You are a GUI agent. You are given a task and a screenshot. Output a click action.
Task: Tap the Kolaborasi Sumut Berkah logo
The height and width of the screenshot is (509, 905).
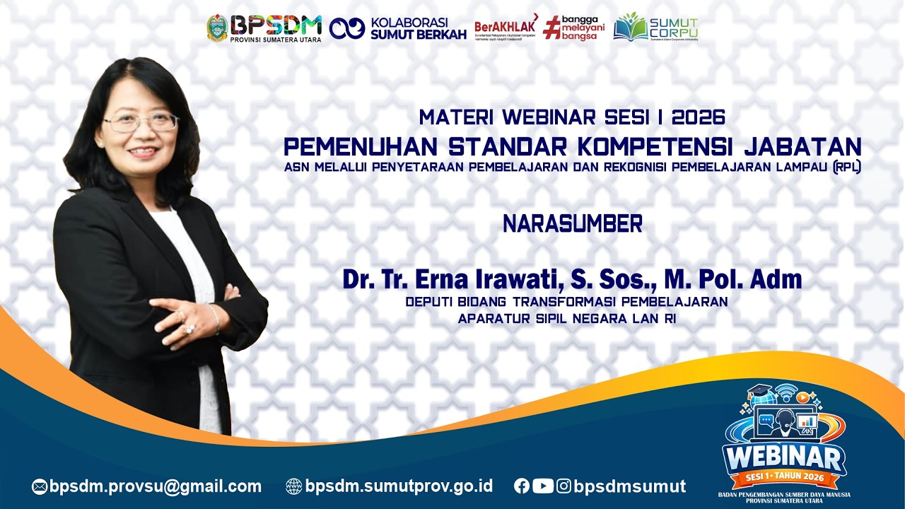tap(397, 28)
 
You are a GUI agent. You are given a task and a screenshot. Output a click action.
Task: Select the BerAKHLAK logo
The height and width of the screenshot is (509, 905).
tap(505, 28)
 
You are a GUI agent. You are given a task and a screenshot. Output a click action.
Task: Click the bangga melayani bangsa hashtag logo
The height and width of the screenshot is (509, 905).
tap(573, 28)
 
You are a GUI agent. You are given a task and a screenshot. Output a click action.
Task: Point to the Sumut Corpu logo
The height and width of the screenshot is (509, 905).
tap(655, 28)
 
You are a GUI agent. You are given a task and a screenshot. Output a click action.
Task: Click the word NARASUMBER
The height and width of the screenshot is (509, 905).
tap(572, 224)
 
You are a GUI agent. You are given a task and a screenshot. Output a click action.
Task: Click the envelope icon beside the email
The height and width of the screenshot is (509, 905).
tap(40, 486)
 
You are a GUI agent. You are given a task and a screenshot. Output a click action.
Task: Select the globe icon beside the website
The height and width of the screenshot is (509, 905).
tap(293, 486)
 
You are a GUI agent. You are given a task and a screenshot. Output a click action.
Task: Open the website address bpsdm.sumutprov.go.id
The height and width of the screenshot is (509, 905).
tap(399, 486)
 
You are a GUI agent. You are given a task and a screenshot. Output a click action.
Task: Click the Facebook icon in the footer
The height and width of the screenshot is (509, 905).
tap(522, 486)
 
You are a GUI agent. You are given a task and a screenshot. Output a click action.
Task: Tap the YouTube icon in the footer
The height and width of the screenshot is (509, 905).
tap(543, 486)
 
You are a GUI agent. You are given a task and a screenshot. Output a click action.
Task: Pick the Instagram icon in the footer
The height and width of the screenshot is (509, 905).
tap(564, 486)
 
